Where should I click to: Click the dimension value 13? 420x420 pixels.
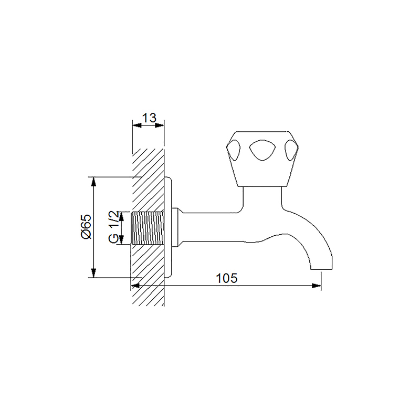pos(149,118)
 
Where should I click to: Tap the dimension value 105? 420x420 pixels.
pos(227,278)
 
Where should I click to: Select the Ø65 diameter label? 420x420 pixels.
pos(86,226)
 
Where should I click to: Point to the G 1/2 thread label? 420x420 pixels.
pos(113,227)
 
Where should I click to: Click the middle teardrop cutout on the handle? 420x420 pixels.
pos(262,151)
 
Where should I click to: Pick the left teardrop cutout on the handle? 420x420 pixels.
pos(234,151)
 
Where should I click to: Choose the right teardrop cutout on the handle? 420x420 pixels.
pos(291,151)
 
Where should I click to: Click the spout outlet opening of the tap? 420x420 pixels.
pos(321,269)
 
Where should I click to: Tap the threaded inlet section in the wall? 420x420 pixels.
pos(148,227)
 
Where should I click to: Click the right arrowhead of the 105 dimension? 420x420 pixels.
pos(317,286)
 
